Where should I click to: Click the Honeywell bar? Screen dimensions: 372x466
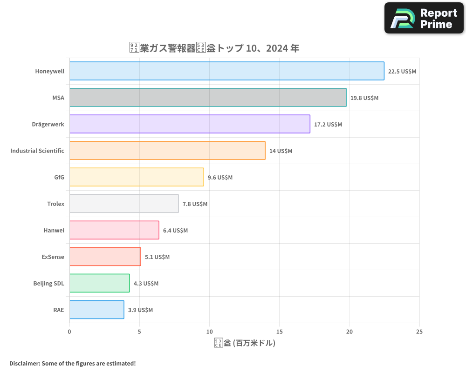tap(227, 71)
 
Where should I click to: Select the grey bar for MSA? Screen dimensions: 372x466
tap(208, 98)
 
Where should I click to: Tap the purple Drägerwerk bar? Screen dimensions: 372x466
tap(190, 124)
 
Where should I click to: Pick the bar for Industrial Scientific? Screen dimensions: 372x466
tap(167, 151)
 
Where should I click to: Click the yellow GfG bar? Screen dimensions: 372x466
tap(137, 177)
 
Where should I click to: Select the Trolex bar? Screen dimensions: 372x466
tap(124, 204)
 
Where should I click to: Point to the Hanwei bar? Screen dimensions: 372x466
tap(114, 230)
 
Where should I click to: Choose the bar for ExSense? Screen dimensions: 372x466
tap(105, 257)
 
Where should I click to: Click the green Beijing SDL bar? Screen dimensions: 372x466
tap(99, 283)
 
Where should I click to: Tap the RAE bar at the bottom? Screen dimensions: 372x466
tap(96, 310)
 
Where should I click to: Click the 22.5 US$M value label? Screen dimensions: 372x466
tap(402, 72)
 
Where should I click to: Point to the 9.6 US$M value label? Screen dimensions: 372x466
tap(220, 178)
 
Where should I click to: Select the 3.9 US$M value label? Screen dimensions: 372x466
tap(140, 310)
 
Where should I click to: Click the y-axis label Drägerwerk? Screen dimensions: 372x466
tap(48, 124)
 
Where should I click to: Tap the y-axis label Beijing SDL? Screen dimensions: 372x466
tap(48, 283)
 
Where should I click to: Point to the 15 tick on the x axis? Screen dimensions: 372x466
tap(279, 332)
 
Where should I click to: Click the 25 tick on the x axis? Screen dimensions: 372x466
tap(419, 332)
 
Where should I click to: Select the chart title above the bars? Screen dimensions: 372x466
tap(214, 48)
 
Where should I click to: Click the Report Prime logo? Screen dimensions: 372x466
tap(424, 18)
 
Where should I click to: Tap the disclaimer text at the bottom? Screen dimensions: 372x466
tap(72, 363)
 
